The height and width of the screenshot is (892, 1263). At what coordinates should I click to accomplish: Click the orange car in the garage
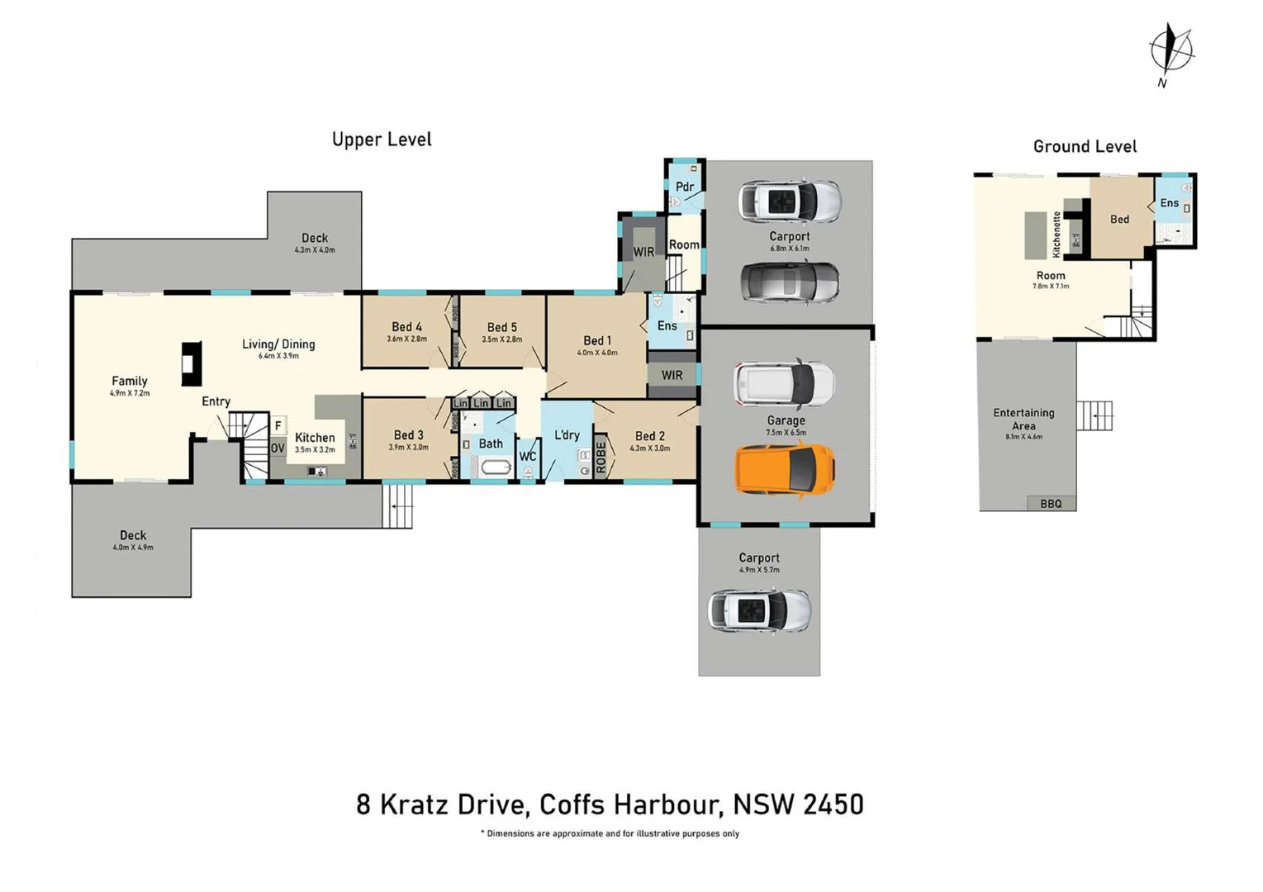[x=785, y=470]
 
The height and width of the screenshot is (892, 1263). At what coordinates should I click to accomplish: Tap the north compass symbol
[x=1171, y=51]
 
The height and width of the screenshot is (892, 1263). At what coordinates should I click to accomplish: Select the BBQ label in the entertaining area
[x=1051, y=504]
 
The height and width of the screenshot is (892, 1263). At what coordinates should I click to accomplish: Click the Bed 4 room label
[x=406, y=327]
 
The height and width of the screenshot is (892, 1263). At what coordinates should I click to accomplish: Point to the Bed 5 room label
[x=501, y=328]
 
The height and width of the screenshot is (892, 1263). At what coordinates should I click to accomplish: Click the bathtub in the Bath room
[x=495, y=468]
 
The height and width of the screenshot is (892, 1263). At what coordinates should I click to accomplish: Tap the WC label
[x=527, y=457]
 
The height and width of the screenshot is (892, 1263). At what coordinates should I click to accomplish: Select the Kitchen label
[x=315, y=438]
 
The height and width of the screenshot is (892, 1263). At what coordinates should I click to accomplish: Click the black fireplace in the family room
[x=192, y=363]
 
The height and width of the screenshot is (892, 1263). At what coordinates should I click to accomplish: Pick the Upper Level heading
[x=382, y=140]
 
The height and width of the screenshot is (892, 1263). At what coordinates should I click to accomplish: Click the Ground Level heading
[x=1085, y=147]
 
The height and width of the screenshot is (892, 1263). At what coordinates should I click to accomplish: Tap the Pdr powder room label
[x=685, y=187]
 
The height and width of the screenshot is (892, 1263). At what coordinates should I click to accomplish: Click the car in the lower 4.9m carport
[x=758, y=611]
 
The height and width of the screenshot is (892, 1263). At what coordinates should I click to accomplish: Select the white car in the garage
[x=784, y=384]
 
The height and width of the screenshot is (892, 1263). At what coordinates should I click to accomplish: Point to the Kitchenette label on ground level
[x=1056, y=235]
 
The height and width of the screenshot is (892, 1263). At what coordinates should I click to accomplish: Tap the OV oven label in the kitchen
[x=278, y=448]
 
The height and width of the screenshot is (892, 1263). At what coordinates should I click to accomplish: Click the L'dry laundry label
[x=567, y=435]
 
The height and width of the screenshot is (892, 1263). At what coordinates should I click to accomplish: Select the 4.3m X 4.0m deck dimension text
[x=315, y=250]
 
